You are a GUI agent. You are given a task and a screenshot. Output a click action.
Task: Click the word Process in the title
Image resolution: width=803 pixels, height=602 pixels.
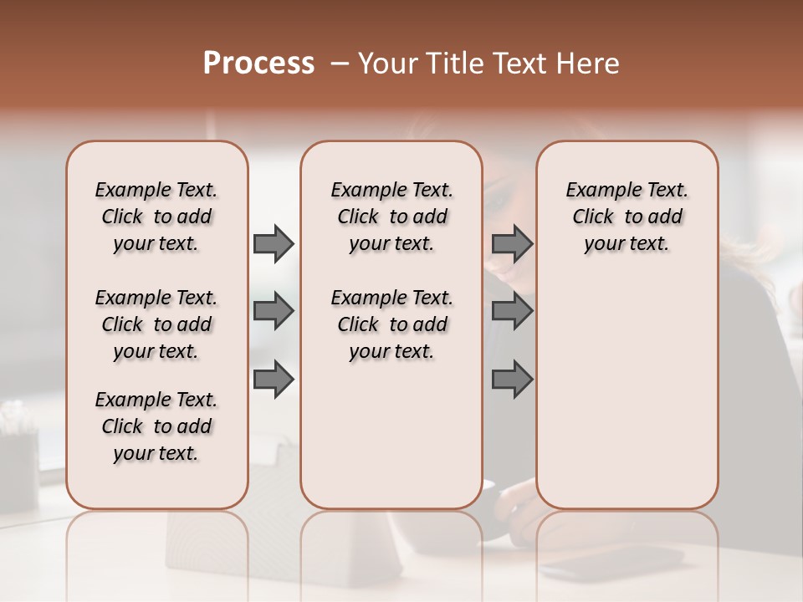258,64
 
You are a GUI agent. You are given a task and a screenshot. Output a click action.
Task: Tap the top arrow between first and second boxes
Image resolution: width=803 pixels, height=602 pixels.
274,244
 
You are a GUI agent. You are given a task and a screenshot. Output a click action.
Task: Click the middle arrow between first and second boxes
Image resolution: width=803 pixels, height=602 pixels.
274,312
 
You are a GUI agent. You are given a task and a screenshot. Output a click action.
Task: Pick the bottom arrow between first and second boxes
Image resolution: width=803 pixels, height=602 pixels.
274,379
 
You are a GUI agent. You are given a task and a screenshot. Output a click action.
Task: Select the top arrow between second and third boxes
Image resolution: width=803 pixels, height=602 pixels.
512,244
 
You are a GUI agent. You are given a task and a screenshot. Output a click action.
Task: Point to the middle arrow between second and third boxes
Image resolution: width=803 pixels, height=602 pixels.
512,312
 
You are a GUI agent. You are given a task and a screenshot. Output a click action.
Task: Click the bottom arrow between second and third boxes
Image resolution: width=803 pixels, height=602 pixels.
512,379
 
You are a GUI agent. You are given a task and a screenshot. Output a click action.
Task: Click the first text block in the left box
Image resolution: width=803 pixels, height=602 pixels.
156,217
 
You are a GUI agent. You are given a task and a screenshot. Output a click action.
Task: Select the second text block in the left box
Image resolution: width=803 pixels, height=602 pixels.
156,324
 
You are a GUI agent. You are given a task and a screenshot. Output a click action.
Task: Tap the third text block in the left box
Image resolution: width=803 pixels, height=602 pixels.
156,426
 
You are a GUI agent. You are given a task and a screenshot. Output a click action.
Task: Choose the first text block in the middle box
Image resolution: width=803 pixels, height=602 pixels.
391,217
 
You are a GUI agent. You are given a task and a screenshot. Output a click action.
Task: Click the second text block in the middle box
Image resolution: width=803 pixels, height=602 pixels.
391,324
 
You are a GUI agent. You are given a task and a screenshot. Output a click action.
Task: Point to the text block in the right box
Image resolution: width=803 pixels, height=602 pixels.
627,217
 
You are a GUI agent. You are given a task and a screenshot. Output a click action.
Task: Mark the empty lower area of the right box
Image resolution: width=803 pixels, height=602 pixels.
627,393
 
